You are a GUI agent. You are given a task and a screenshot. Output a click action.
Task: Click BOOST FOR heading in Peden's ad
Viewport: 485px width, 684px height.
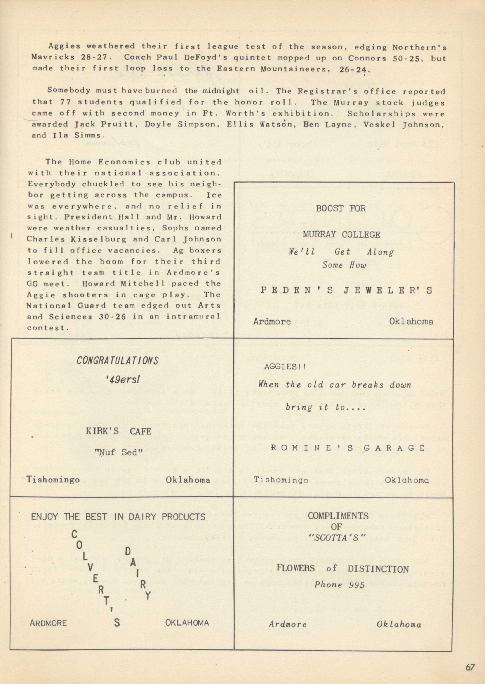click(341, 208)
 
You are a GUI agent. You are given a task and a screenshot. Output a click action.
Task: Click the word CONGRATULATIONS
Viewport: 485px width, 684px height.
click(117, 361)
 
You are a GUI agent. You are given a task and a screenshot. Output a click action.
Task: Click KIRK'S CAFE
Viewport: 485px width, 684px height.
click(118, 431)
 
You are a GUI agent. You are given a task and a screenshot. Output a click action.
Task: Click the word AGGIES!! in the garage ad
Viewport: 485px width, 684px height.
click(285, 367)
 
